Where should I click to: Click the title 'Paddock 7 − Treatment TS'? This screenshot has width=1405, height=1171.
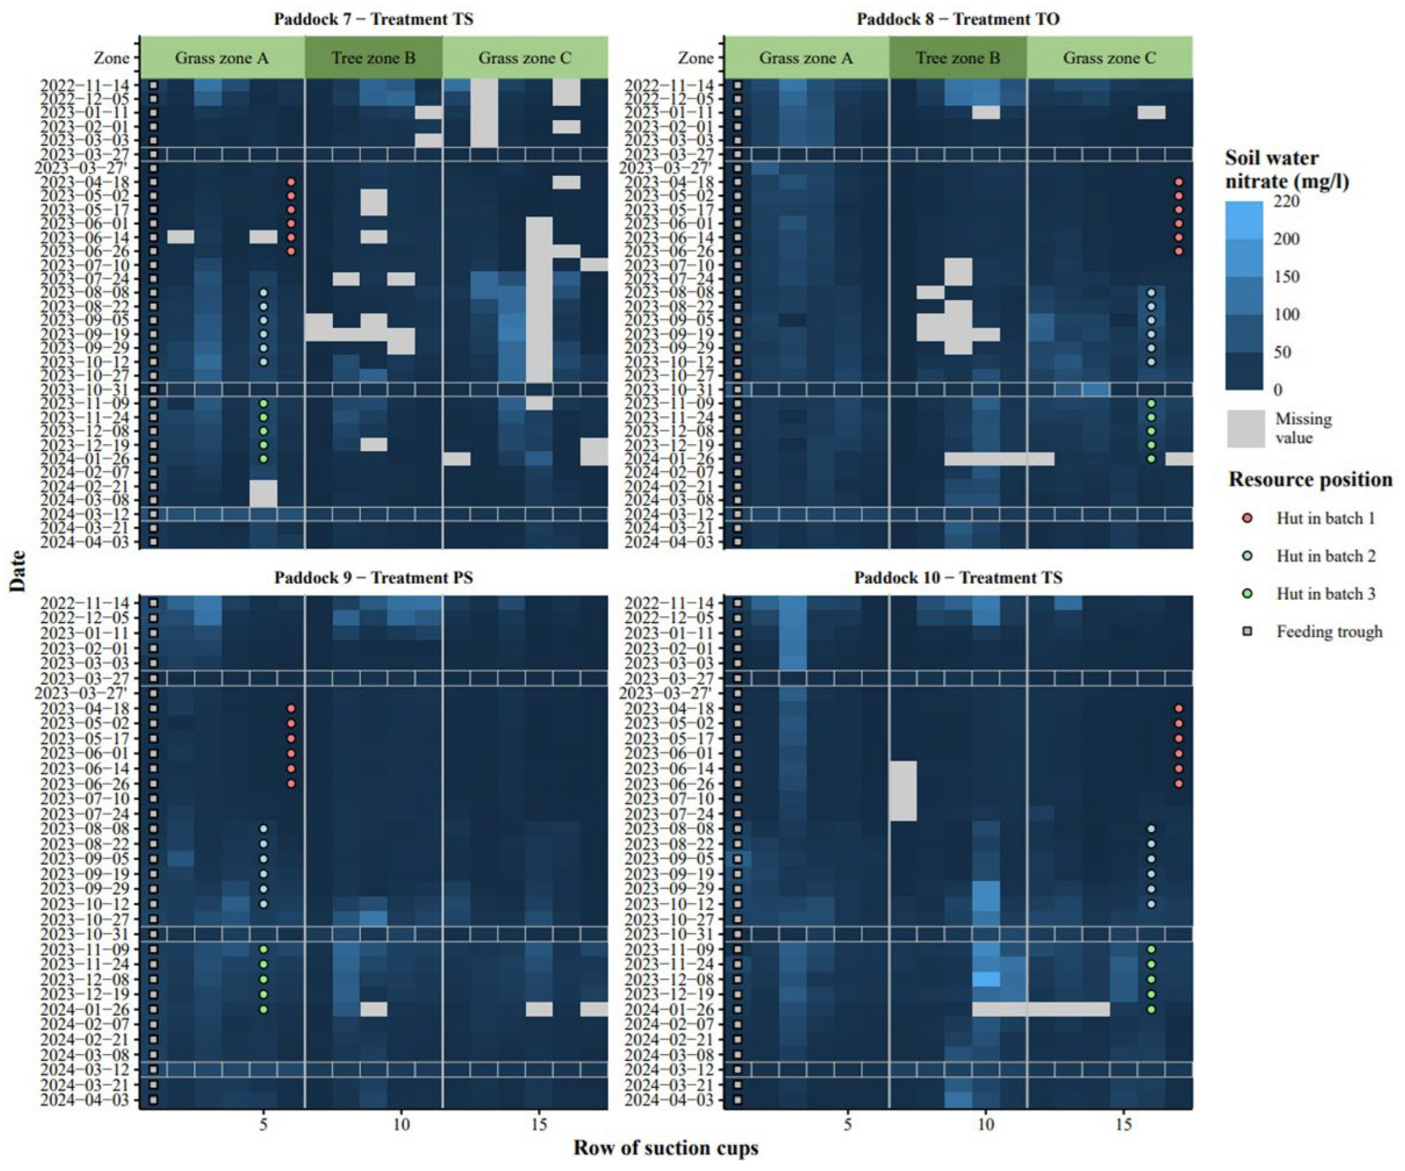[x=373, y=19]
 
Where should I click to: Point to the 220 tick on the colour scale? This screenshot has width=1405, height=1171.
[x=1285, y=202]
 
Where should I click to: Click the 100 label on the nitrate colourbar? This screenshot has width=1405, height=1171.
[x=1285, y=314]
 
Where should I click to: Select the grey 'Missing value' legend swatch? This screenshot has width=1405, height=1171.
[x=1246, y=428]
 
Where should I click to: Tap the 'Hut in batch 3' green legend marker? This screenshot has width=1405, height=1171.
[x=1247, y=594]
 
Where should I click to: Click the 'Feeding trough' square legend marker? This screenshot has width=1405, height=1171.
[x=1247, y=632]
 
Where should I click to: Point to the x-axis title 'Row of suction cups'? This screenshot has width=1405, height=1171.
[x=666, y=1148]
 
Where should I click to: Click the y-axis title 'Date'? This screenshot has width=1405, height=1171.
[x=18, y=571]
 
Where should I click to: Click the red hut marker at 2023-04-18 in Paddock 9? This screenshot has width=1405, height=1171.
[x=291, y=708]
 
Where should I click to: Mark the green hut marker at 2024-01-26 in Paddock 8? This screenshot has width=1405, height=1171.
[x=1151, y=459]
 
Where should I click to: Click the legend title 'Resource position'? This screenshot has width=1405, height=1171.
[x=1310, y=480]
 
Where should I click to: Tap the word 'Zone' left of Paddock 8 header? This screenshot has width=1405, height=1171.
[x=695, y=58]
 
